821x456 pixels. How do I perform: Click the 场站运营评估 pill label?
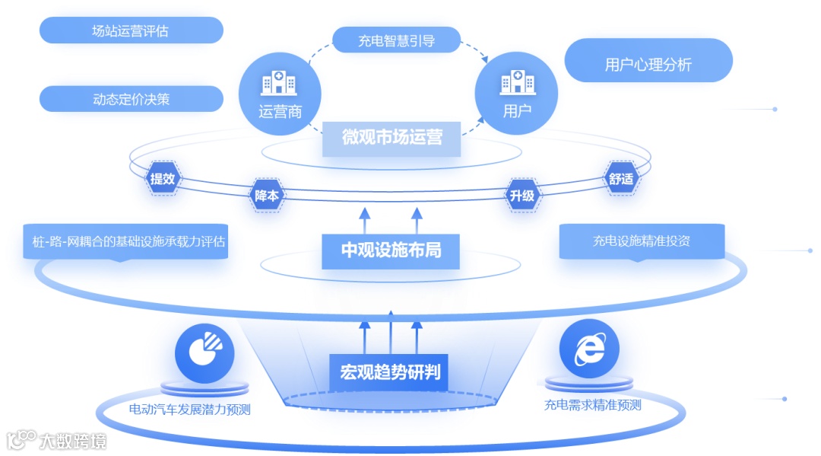click(131, 30)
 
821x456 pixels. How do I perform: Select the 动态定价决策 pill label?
click(131, 99)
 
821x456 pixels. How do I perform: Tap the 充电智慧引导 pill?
click(396, 40)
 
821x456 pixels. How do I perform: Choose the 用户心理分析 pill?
click(648, 64)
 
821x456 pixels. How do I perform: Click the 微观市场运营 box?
click(391, 138)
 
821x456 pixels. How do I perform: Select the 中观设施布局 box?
click(391, 250)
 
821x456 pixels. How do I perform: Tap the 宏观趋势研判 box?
click(390, 373)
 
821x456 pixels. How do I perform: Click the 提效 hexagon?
click(163, 179)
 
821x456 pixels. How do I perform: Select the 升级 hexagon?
click(522, 195)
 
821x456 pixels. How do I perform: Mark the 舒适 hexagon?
click(621, 179)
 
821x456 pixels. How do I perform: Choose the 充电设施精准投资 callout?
click(642, 241)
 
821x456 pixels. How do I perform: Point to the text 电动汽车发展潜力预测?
click(189, 410)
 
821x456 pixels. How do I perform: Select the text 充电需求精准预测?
click(592, 405)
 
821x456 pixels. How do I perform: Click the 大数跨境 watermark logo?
click(56, 441)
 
